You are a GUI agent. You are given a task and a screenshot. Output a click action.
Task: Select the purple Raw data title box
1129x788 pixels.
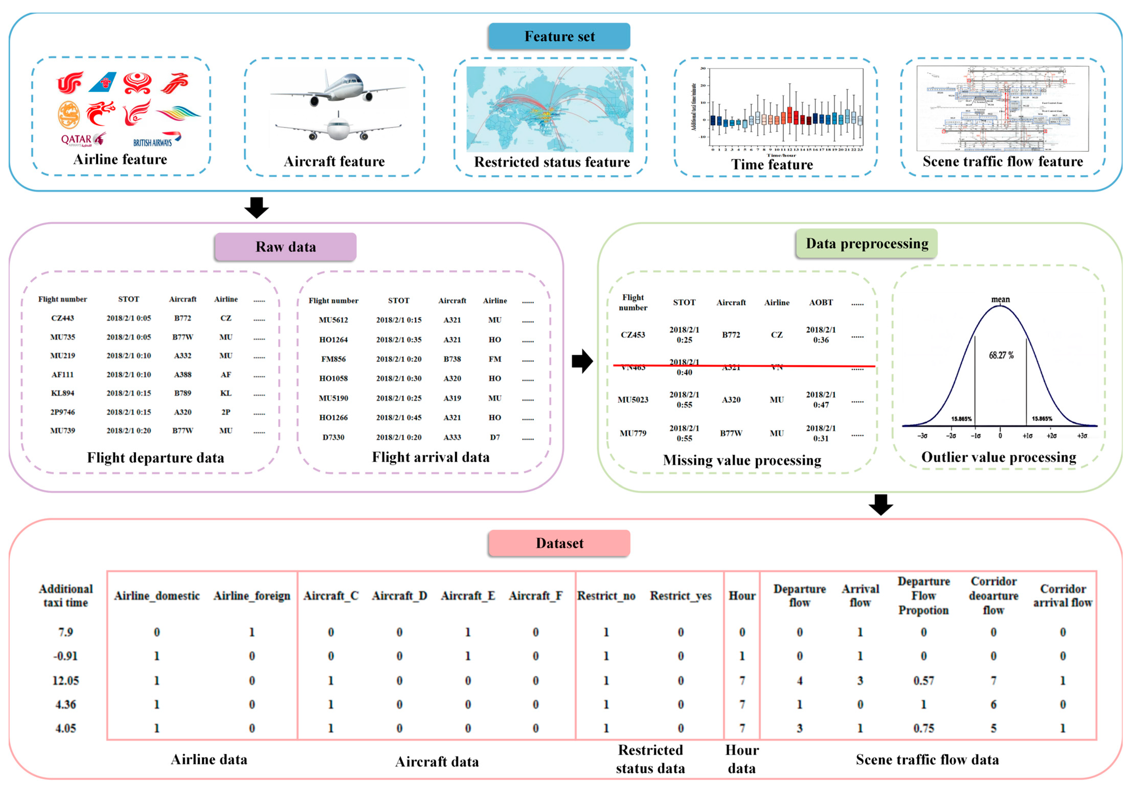pyautogui.click(x=285, y=247)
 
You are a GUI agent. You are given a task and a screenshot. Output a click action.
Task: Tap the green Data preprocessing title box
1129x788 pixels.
pyautogui.click(x=866, y=243)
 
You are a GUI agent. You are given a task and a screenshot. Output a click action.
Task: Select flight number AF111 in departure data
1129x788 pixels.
pyautogui.click(x=62, y=375)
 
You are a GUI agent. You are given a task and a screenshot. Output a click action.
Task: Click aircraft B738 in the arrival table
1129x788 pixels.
pyautogui.click(x=452, y=359)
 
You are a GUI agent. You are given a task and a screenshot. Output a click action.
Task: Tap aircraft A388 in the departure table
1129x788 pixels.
pyautogui.click(x=183, y=375)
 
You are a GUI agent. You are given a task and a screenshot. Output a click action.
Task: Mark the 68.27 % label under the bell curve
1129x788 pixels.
pyautogui.click(x=1001, y=355)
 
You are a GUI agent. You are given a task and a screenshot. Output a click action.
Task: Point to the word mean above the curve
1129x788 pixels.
pyautogui.click(x=1000, y=299)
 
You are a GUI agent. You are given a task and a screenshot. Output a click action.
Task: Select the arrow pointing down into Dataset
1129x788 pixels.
pyautogui.click(x=881, y=505)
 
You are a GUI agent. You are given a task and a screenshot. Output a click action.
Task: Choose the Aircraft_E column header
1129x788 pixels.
pyautogui.click(x=468, y=596)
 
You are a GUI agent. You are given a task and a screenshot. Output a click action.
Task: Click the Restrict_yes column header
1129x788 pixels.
pyautogui.click(x=681, y=596)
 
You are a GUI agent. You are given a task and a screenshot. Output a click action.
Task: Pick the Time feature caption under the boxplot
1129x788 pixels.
pyautogui.click(x=772, y=165)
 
